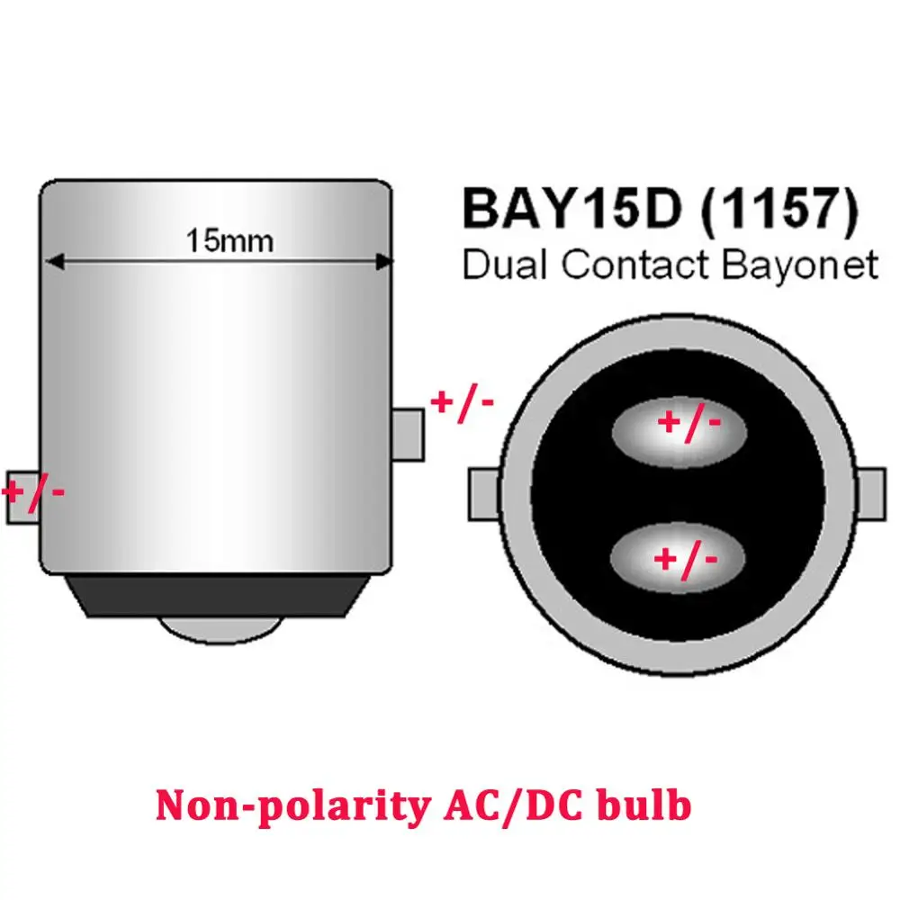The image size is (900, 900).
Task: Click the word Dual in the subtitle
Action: point(503,265)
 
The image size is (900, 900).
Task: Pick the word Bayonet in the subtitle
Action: point(805,265)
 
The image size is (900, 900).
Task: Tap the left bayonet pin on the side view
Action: point(22,495)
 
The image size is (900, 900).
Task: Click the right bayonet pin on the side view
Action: point(409,436)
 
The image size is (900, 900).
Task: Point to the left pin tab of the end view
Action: point(482,497)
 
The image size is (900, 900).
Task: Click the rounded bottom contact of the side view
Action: point(217,627)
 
